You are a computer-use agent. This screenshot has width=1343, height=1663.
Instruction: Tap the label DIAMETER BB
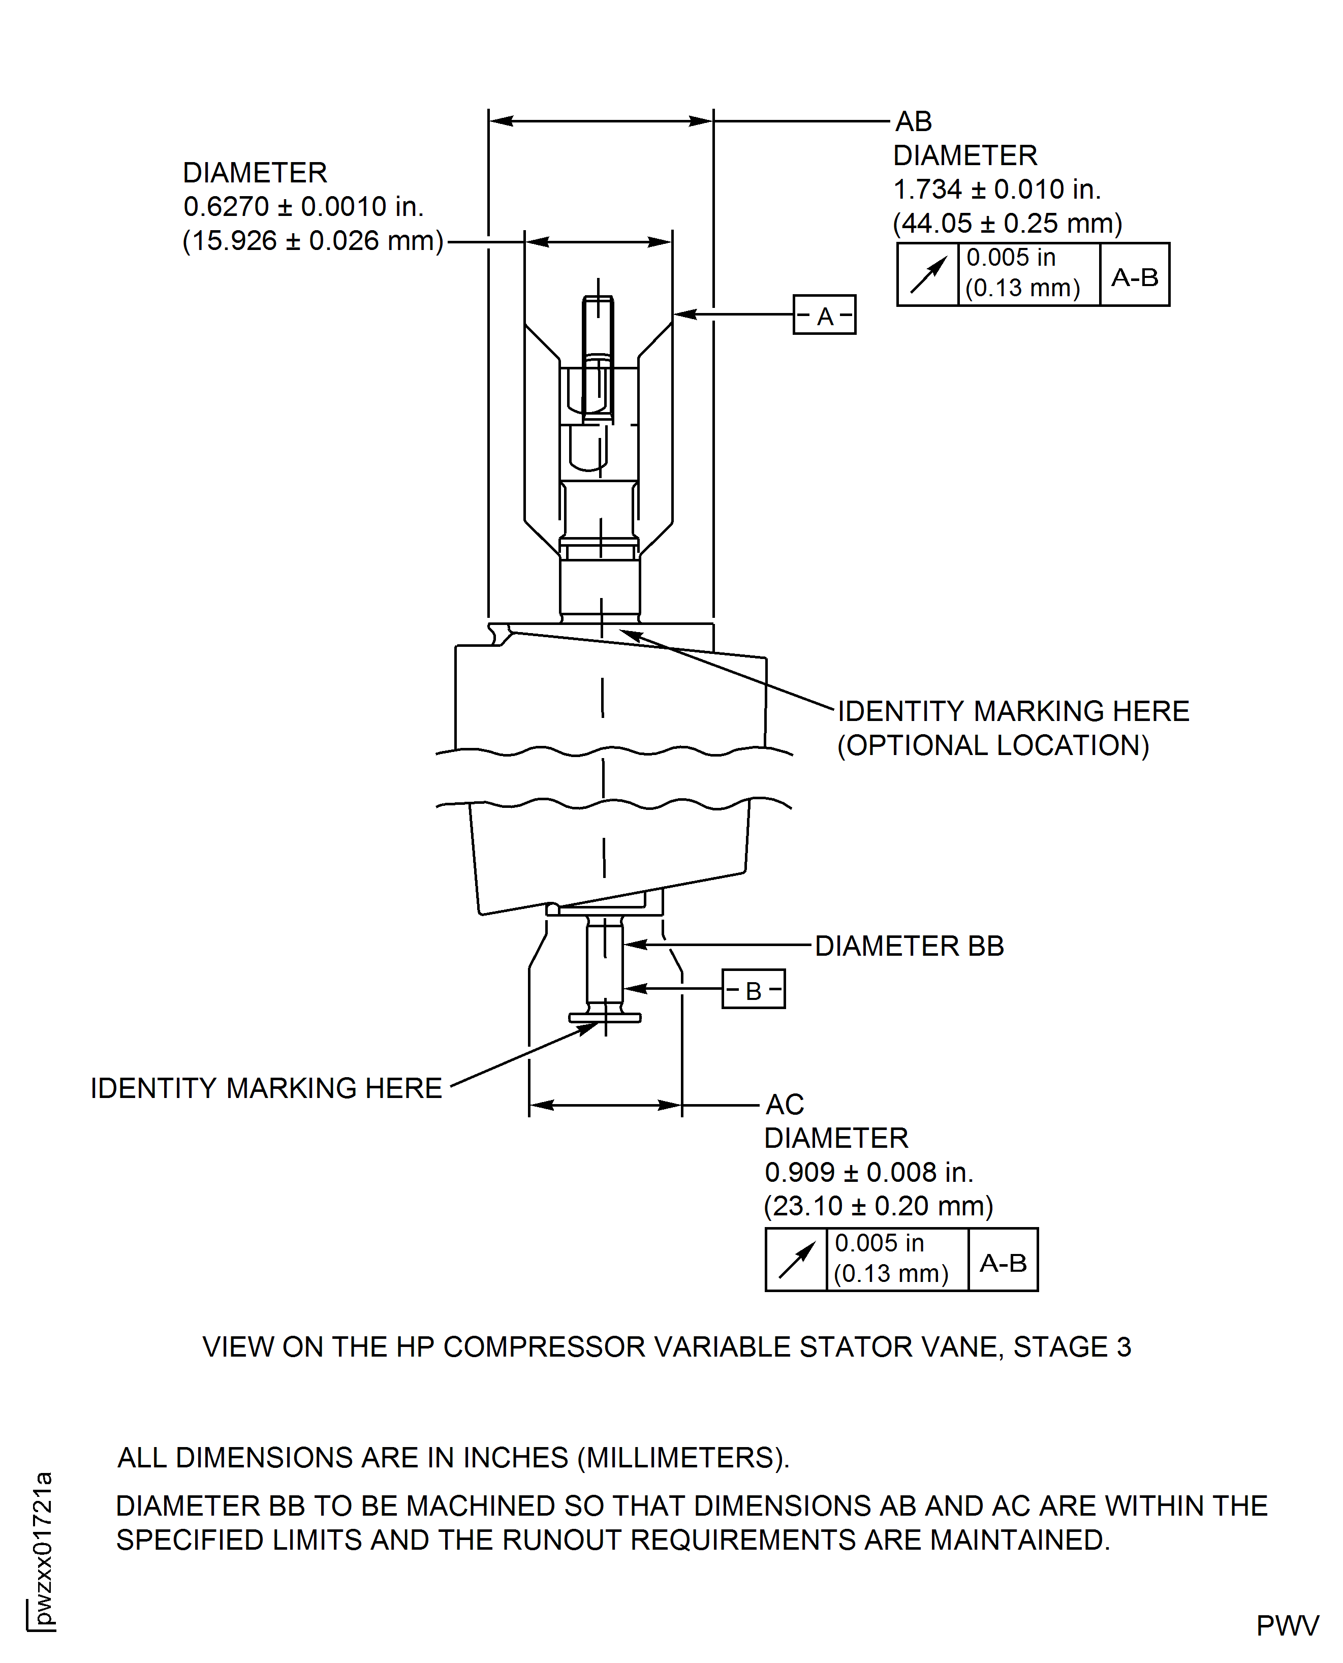[909, 946]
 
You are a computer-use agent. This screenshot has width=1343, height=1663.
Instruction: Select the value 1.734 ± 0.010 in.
[996, 190]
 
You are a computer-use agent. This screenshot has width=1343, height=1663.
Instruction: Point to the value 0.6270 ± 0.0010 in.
[303, 206]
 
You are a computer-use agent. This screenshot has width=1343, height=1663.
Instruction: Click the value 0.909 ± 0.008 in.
[868, 1173]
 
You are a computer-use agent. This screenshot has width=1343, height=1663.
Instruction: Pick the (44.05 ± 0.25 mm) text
[1007, 224]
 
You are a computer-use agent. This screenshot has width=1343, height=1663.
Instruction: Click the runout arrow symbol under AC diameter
[796, 1260]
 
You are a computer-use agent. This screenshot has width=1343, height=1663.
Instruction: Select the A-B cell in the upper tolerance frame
[1134, 276]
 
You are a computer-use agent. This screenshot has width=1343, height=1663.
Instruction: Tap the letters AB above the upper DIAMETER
[914, 121]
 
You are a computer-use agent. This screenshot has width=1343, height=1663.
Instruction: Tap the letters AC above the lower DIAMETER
[785, 1105]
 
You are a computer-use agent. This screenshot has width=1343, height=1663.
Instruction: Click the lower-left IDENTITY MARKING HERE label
[266, 1088]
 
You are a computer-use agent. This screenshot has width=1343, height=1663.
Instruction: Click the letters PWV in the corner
[1287, 1626]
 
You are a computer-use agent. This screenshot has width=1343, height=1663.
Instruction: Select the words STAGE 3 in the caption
[1072, 1347]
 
